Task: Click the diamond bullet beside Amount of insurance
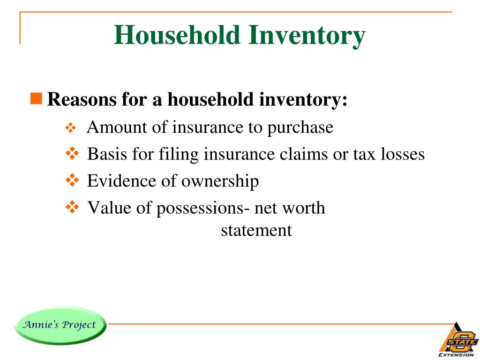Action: point(69,127)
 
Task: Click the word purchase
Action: point(300,128)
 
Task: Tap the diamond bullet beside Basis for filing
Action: point(71,153)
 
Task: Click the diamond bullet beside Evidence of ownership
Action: point(71,180)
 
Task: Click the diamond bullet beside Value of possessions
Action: point(71,207)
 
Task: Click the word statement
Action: point(256,230)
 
